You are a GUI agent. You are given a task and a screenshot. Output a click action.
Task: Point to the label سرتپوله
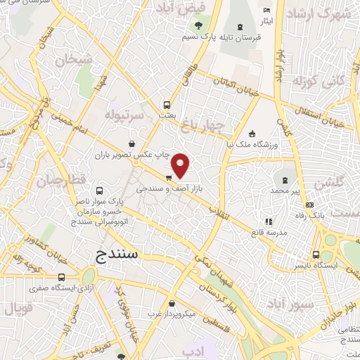[124, 113]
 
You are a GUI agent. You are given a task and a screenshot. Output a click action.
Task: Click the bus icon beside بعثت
[167, 102]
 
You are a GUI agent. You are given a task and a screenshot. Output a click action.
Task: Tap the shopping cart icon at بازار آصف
[169, 178]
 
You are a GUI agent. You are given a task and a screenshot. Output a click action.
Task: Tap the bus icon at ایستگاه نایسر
[317, 256]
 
